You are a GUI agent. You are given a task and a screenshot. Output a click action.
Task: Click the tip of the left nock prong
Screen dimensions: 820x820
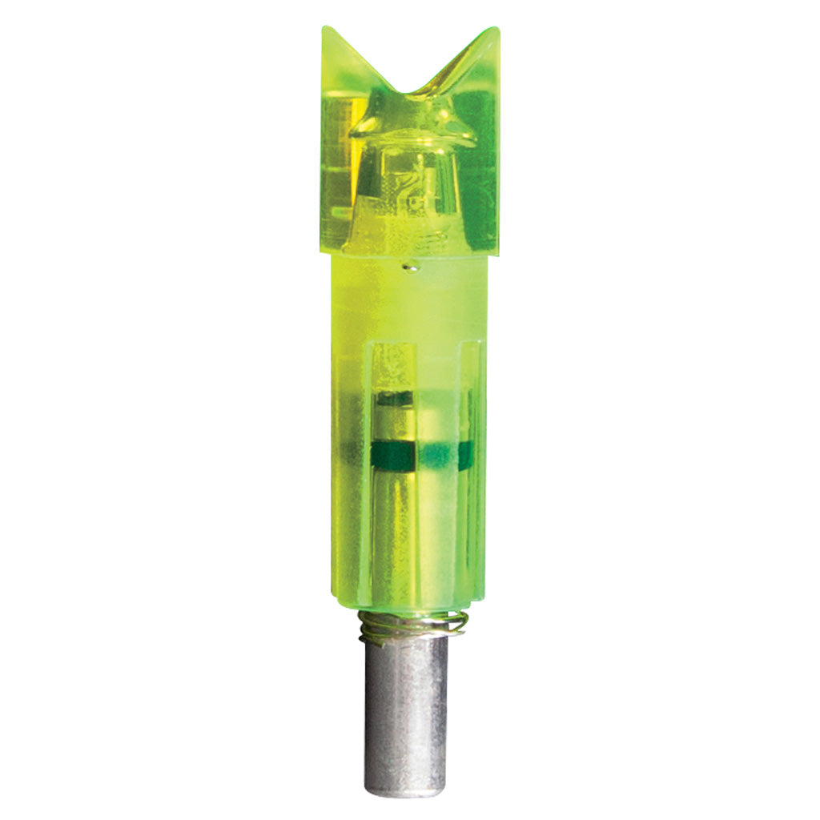point(324,28)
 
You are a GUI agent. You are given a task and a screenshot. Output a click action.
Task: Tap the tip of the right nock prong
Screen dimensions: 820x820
point(497,29)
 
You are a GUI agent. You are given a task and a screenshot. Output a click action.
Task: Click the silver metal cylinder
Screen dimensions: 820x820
point(408,705)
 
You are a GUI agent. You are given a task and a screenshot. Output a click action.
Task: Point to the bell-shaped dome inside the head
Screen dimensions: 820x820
point(408,184)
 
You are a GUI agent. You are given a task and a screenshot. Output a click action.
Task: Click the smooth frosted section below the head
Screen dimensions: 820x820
point(408,304)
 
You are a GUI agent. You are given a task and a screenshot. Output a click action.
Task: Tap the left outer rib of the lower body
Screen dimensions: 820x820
point(346,480)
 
